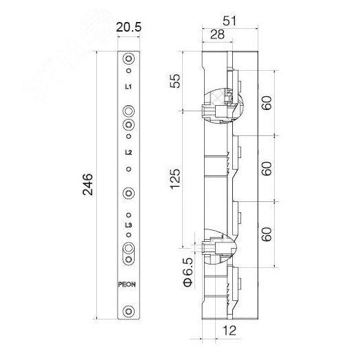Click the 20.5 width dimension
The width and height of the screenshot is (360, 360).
(x=128, y=27)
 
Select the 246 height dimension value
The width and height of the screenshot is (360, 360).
(x=88, y=184)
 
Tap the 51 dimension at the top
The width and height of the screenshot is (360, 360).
(x=229, y=21)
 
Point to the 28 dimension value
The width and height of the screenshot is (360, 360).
(x=217, y=34)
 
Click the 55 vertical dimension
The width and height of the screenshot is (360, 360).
(x=175, y=81)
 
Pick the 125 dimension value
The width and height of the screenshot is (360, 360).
(x=175, y=179)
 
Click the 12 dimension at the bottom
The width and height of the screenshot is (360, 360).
(x=229, y=330)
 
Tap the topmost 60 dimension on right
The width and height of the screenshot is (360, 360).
(x=267, y=103)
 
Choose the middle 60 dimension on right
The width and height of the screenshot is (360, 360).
(x=267, y=168)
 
